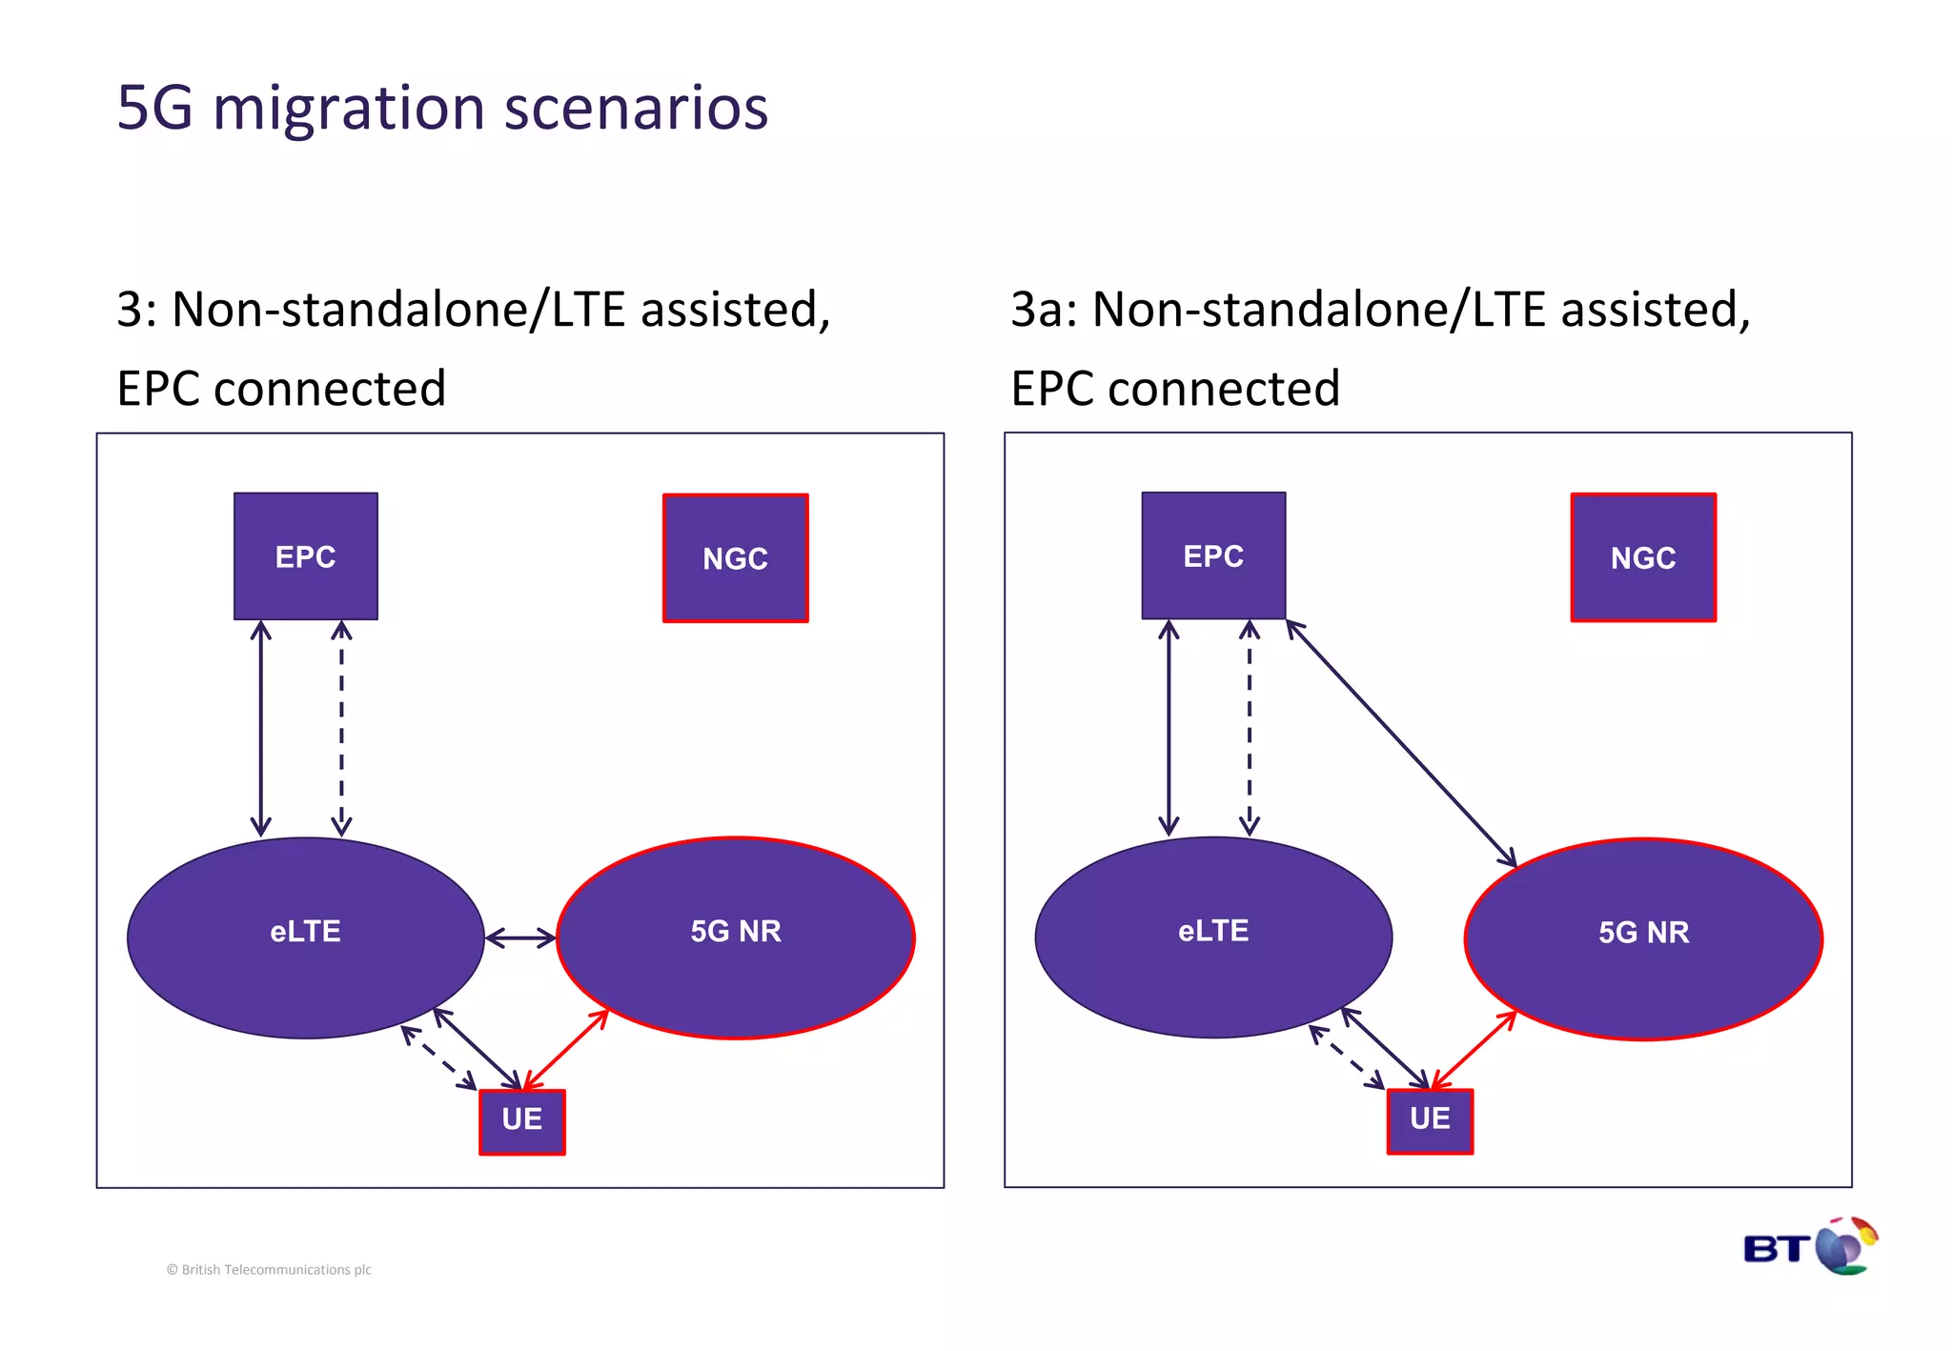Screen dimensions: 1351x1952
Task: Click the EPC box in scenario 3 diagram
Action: pyautogui.click(x=306, y=556)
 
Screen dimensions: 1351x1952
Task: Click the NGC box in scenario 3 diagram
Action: pyautogui.click(x=736, y=558)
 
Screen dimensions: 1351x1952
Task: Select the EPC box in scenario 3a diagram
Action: pyautogui.click(x=1213, y=555)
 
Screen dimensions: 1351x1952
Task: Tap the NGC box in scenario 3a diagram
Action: pyautogui.click(x=1643, y=557)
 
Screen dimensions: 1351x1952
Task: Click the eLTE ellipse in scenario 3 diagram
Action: pyautogui.click(x=305, y=938)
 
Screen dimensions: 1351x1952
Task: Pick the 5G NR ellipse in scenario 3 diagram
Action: pyautogui.click(x=736, y=938)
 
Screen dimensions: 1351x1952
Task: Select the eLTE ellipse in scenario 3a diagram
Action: pyautogui.click(x=1213, y=938)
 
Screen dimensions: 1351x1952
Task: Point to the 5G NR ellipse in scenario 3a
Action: pyautogui.click(x=1643, y=939)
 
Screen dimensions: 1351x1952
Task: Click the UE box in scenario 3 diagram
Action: pyautogui.click(x=522, y=1121)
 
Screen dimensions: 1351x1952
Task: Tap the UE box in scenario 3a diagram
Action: pyautogui.click(x=1430, y=1121)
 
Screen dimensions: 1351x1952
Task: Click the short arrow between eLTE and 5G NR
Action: pyautogui.click(x=520, y=938)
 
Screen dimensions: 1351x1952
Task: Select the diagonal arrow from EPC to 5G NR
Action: pyautogui.click(x=1401, y=744)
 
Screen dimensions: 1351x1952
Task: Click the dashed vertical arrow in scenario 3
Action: pyautogui.click(x=341, y=729)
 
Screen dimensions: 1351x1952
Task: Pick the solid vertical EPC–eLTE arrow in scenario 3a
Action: pyautogui.click(x=1169, y=729)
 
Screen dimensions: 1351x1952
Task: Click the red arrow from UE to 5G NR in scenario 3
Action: pyautogui.click(x=566, y=1050)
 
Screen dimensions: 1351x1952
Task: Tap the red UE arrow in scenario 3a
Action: pyautogui.click(x=1474, y=1050)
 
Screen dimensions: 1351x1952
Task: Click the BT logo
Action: pyautogui.click(x=1809, y=1247)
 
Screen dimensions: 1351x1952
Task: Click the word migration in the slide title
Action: pyautogui.click(x=349, y=108)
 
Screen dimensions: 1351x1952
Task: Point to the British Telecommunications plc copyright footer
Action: pyautogui.click(x=269, y=1270)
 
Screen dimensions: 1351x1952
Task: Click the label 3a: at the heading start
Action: pyautogui.click(x=1044, y=311)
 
